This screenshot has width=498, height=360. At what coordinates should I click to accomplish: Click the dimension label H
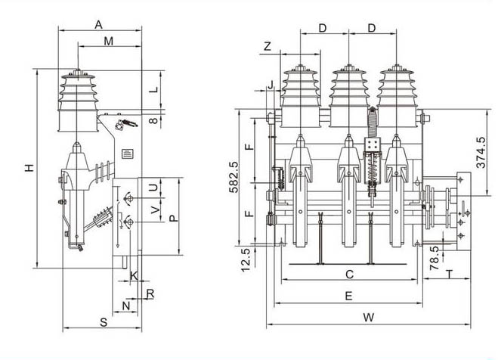click(x=29, y=168)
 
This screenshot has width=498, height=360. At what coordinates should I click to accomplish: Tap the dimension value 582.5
click(x=234, y=177)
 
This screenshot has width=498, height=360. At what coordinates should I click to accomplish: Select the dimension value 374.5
click(x=481, y=153)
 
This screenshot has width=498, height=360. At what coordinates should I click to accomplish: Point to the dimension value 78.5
click(x=435, y=258)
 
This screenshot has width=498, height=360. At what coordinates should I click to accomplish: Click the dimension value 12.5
click(x=246, y=260)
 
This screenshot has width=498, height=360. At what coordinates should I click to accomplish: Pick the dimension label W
click(x=369, y=317)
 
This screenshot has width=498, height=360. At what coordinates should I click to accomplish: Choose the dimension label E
click(x=348, y=296)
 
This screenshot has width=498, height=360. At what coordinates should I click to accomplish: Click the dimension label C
click(x=349, y=275)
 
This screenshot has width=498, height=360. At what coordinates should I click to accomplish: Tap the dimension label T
click(x=449, y=275)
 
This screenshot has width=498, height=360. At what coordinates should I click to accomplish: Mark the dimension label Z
click(x=268, y=46)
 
